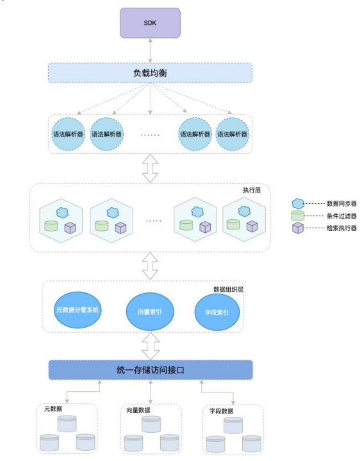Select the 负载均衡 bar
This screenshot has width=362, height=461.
coord(151,72)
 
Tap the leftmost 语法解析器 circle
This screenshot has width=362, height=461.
coord(68,134)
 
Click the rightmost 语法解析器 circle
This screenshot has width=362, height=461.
coord(232,134)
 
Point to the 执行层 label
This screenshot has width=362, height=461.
coord(252,190)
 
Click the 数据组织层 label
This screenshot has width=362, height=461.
coord(228,289)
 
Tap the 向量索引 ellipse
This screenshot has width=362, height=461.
coord(151,312)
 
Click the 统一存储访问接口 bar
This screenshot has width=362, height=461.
coord(151,370)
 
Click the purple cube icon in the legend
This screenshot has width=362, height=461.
coord(298,228)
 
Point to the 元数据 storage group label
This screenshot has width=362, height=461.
coord(53,408)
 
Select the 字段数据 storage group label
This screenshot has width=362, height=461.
coord(221,411)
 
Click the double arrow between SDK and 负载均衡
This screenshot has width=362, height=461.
coord(151,50)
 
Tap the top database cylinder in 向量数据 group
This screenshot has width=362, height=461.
coord(151,424)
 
